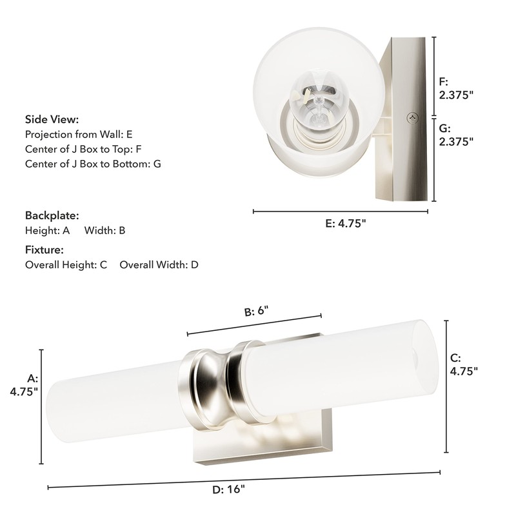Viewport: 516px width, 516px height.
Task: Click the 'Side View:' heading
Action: tap(52, 119)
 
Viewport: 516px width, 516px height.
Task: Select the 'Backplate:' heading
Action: tap(52, 215)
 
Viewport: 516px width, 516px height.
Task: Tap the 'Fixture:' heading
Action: tap(44, 250)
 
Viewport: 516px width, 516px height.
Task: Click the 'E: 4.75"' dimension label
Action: tap(346, 224)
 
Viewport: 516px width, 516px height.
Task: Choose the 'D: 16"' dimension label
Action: tap(229, 489)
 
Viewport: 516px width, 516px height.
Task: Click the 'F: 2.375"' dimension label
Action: tap(456, 88)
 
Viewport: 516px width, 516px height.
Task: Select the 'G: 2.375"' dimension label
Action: tap(456, 135)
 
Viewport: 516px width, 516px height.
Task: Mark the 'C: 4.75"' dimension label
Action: tap(463, 364)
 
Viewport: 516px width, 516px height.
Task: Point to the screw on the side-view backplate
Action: tap(413, 117)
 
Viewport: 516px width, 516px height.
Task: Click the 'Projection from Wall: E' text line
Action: tap(79, 135)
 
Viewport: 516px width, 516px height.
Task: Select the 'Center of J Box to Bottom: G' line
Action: tap(93, 164)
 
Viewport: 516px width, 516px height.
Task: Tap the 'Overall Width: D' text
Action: tap(159, 265)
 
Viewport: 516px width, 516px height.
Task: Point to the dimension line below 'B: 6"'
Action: tap(254, 325)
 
